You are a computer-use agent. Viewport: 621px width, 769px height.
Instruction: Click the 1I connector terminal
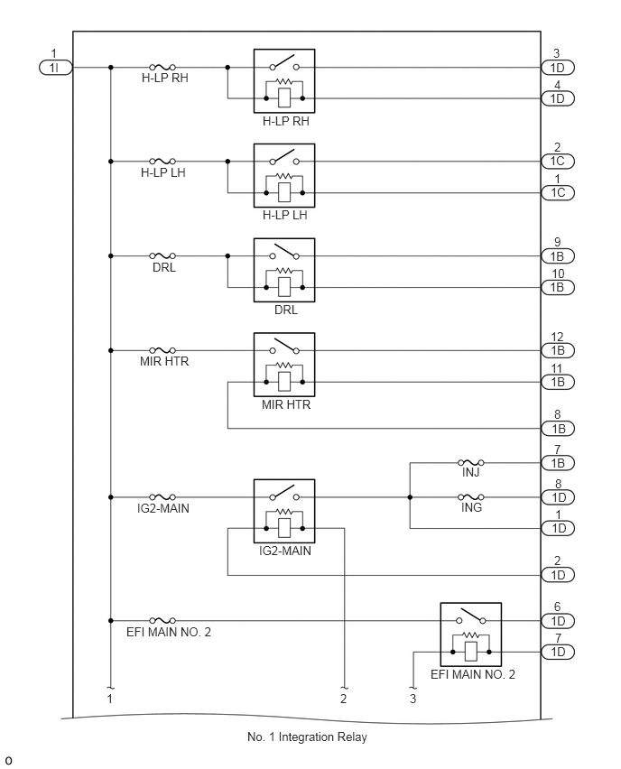tap(55, 67)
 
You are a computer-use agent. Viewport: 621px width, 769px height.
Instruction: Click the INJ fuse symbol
tap(471, 462)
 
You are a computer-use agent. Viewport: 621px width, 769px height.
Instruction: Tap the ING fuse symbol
tap(471, 497)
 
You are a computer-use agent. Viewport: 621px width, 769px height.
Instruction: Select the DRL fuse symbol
tap(162, 255)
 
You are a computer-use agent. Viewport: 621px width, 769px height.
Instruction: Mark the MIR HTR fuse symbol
tap(162, 350)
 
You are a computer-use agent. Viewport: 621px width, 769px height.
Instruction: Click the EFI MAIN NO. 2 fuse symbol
tap(162, 620)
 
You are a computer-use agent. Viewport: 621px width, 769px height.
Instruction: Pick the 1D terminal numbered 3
tap(558, 67)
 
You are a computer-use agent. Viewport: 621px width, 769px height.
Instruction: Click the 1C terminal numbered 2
tap(558, 161)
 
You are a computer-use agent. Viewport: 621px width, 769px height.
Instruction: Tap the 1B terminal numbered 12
tap(558, 350)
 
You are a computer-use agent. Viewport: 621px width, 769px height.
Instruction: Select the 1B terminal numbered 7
tap(558, 462)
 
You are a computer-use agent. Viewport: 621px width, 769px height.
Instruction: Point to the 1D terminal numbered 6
tap(558, 620)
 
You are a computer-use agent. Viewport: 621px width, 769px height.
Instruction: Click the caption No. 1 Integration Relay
tap(307, 737)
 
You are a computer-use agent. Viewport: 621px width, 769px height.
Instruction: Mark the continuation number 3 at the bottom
tap(413, 699)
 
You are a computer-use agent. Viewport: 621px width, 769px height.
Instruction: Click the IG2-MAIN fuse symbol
tap(162, 497)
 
